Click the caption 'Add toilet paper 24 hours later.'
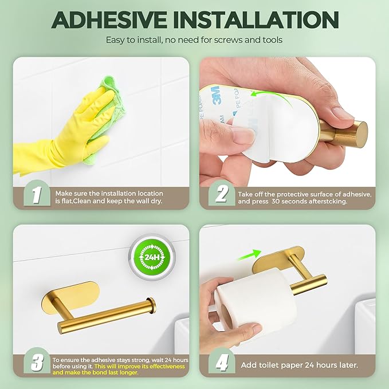[301, 365]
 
